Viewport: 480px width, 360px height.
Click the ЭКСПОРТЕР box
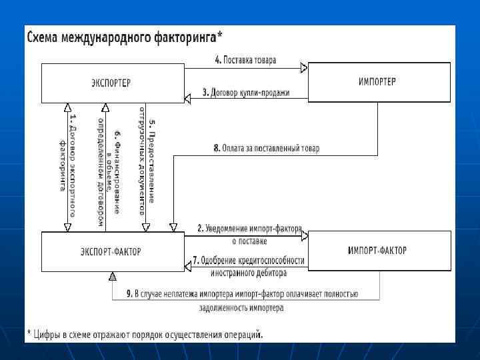111,83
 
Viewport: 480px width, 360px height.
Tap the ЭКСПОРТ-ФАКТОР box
111,251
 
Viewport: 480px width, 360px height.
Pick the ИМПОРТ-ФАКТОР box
377,251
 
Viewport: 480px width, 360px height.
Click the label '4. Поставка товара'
245,60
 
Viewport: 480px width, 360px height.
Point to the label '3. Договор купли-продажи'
245,93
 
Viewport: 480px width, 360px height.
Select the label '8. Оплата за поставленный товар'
267,149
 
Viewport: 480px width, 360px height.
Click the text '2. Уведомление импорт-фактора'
249,228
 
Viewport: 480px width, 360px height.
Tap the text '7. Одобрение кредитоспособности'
249,261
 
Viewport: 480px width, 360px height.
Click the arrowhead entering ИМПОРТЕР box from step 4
303,67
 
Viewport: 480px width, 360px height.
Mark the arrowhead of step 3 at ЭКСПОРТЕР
189,94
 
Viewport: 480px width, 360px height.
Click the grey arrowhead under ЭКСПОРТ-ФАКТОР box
113,276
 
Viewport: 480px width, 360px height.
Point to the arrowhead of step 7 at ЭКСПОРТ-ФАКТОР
189,267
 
